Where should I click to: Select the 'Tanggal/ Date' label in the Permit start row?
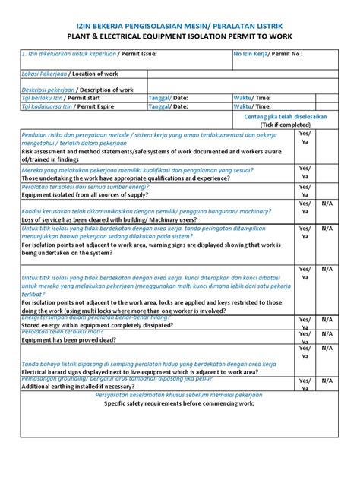(168, 99)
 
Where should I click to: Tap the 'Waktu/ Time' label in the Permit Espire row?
(252, 108)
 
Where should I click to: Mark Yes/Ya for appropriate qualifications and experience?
(305, 173)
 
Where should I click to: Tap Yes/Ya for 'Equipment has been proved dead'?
(305, 336)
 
